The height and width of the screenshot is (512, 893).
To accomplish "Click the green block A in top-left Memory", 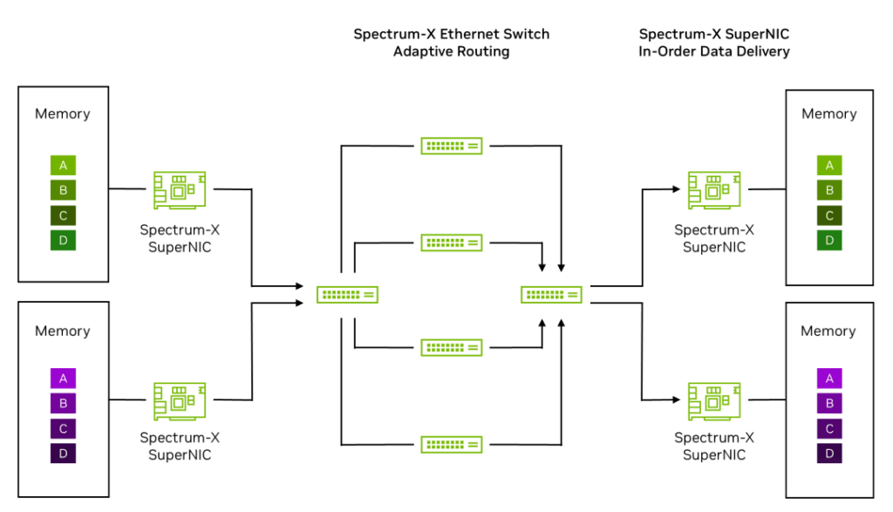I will [x=63, y=165].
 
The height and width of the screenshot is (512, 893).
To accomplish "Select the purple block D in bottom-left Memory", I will [x=63, y=454].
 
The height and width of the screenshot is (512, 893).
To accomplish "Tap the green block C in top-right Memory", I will [x=829, y=215].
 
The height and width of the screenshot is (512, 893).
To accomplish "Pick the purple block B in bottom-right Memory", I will [x=829, y=403].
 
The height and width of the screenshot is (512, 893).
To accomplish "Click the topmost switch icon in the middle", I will [x=452, y=146].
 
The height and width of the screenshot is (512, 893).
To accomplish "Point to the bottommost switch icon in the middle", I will [x=452, y=444].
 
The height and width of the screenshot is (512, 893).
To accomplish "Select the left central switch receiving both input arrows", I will [x=347, y=295].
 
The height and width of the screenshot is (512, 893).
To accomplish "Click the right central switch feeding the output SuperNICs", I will [x=551, y=295].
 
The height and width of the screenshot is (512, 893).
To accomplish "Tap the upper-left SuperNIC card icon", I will [x=180, y=189].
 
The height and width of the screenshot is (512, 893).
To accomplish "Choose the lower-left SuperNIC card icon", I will [x=180, y=400].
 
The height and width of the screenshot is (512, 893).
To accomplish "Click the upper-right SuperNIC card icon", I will [x=714, y=189].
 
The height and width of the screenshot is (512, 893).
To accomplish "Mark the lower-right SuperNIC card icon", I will [x=714, y=400].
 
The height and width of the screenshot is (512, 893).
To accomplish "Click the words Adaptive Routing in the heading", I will [x=451, y=51].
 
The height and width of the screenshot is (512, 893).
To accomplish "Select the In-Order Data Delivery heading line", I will [x=714, y=51].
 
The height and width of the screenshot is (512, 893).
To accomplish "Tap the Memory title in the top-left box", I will [x=63, y=113].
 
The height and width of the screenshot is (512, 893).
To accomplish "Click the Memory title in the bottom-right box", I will [x=828, y=331].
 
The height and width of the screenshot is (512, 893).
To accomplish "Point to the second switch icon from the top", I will [x=452, y=242].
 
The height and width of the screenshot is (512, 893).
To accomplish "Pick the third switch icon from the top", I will [x=452, y=347].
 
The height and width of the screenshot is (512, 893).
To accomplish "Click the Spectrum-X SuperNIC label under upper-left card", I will [x=180, y=238].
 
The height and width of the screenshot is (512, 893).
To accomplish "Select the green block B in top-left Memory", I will [x=63, y=190].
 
